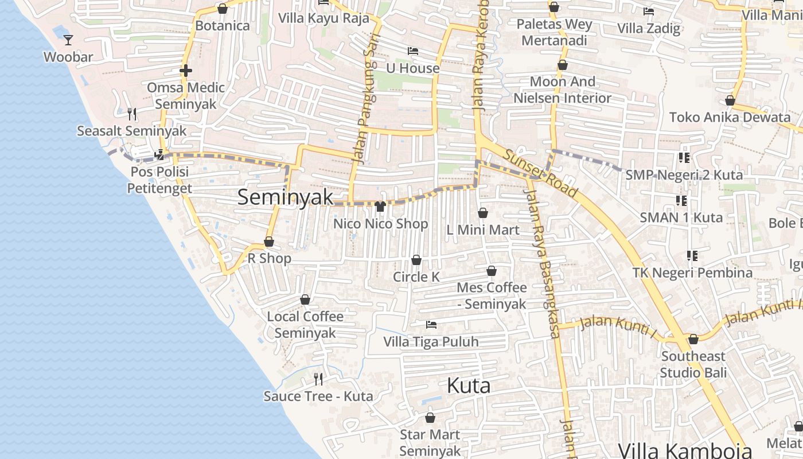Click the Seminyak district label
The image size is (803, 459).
pyautogui.click(x=285, y=197)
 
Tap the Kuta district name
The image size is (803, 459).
pyautogui.click(x=468, y=386)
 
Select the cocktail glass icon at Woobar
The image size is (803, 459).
pyautogui.click(x=68, y=40)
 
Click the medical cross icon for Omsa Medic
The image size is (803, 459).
pyautogui.click(x=185, y=71)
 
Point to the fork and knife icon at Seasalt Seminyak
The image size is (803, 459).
pyautogui.click(x=132, y=114)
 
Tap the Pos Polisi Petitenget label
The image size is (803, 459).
pyautogui.click(x=159, y=180)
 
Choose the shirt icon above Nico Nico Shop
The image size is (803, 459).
pyautogui.click(x=380, y=207)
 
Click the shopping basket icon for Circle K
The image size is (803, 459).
pyautogui.click(x=416, y=260)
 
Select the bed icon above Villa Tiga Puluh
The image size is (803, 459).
pyautogui.click(x=431, y=325)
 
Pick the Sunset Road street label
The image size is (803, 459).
pyautogui.click(x=541, y=172)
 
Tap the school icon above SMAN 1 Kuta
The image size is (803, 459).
pyautogui.click(x=681, y=201)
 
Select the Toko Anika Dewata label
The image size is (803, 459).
pyautogui.click(x=730, y=118)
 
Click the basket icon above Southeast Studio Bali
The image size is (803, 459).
pyautogui.click(x=693, y=339)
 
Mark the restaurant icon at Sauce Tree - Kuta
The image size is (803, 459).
pyautogui.click(x=318, y=379)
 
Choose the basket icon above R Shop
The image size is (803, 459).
pyautogui.click(x=269, y=242)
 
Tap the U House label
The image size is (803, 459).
pyautogui.click(x=412, y=68)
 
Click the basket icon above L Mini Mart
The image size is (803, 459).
pyautogui.click(x=483, y=213)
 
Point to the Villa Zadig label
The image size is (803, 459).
pyautogui.click(x=649, y=28)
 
